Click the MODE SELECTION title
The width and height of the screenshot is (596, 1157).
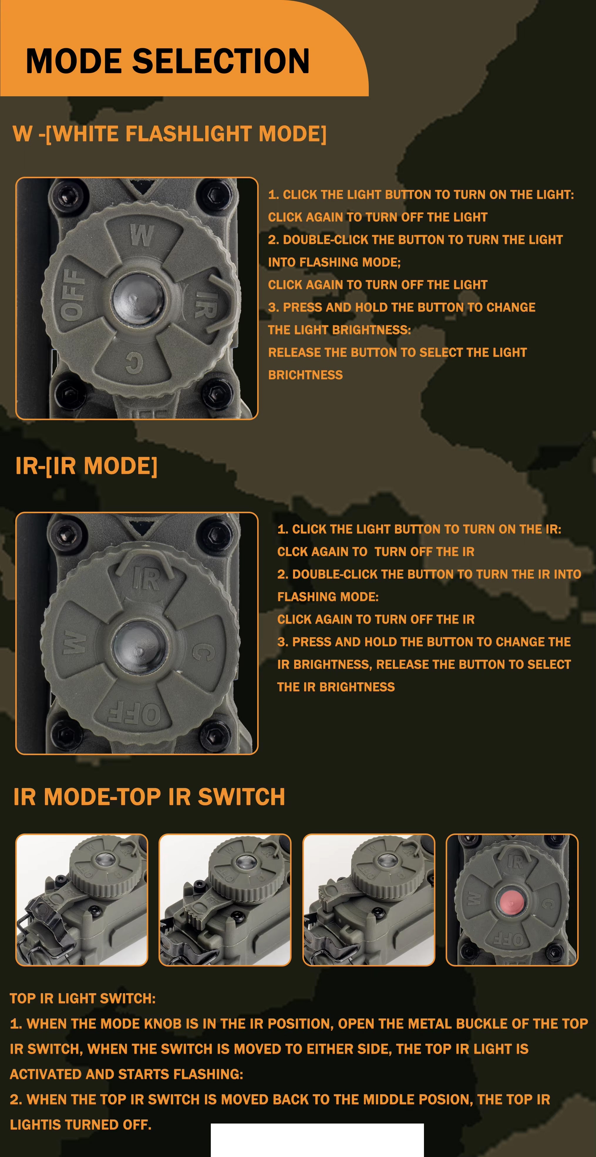[168, 61]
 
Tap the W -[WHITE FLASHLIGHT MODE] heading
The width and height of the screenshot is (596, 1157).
[170, 134]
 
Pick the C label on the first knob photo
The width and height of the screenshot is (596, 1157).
[134, 362]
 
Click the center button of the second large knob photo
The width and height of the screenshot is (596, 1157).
[139, 646]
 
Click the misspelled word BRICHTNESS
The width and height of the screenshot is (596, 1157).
[305, 375]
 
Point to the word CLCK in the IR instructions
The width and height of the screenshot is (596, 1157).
[292, 552]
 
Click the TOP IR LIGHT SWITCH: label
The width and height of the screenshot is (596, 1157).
[83, 998]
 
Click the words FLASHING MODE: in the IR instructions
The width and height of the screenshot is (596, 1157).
[328, 597]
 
